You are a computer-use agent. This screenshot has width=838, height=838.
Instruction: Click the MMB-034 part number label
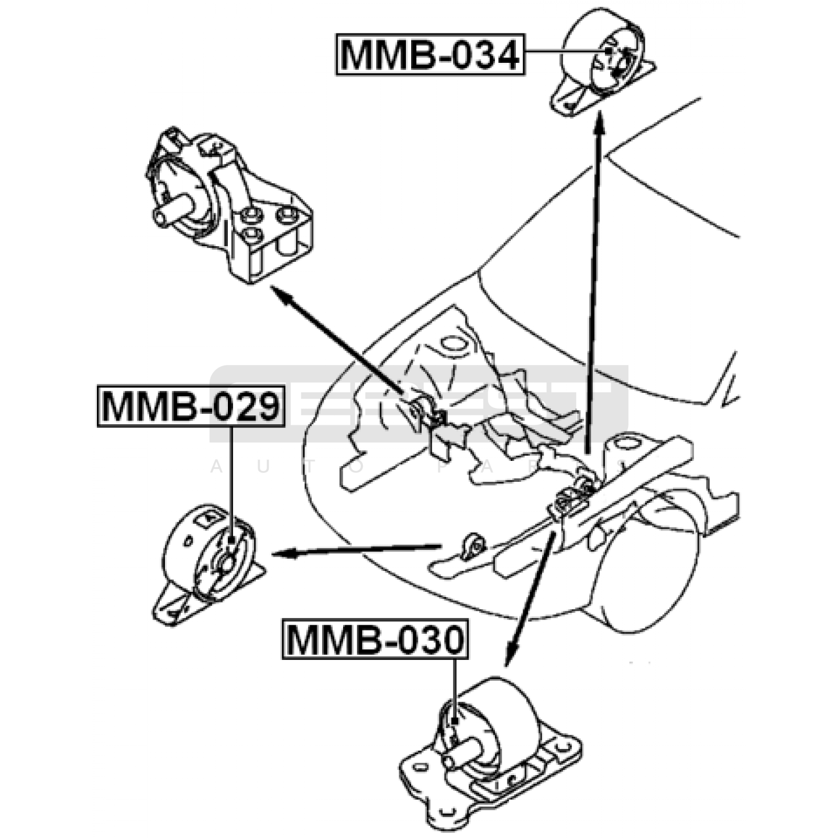[430, 54]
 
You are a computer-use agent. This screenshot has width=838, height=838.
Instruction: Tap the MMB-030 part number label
[375, 639]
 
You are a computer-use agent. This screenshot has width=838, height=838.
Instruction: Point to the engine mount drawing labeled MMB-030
[490, 749]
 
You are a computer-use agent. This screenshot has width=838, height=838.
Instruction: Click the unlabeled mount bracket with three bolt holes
[230, 204]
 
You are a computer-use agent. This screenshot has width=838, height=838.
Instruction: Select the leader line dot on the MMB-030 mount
[455, 721]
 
